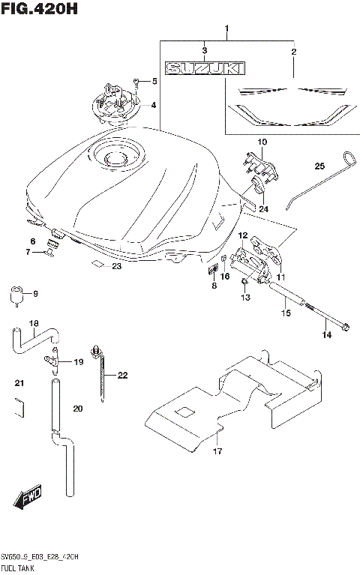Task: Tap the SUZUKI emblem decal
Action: coord(205,69)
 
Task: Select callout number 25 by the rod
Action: coord(319,166)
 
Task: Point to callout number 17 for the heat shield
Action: coord(217,451)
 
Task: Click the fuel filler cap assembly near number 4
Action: coord(116,103)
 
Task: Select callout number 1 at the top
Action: coord(226,29)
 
